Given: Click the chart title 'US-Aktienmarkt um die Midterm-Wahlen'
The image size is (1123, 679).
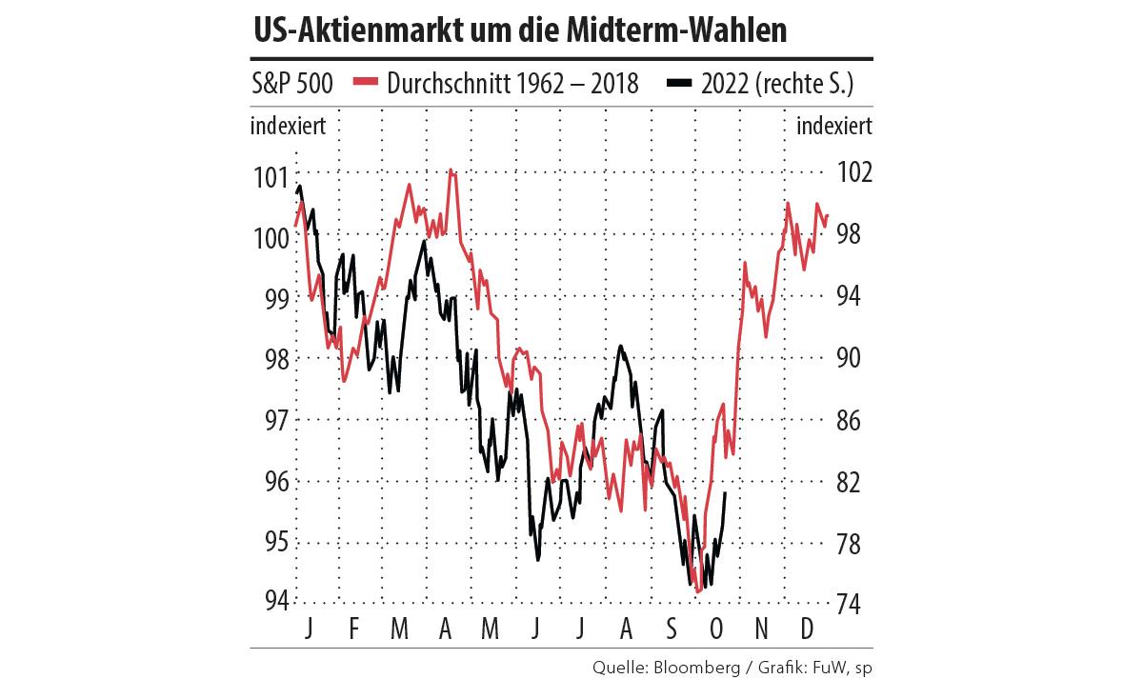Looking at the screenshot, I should click(520, 30).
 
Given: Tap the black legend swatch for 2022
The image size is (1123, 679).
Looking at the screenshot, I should click(678, 83).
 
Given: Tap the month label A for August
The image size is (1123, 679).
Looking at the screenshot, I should click(626, 628).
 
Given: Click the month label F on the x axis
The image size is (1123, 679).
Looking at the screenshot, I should click(353, 628).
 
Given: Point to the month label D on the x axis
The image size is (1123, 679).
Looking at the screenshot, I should click(806, 628).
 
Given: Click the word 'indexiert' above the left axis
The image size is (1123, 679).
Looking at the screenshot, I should click(289, 126).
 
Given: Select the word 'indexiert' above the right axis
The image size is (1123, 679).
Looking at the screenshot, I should click(832, 126).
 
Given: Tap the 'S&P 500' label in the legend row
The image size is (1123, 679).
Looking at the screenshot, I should click(292, 84).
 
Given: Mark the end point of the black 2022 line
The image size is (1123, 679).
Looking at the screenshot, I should click(727, 492).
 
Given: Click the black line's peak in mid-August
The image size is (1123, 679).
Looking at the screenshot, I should click(621, 346).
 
